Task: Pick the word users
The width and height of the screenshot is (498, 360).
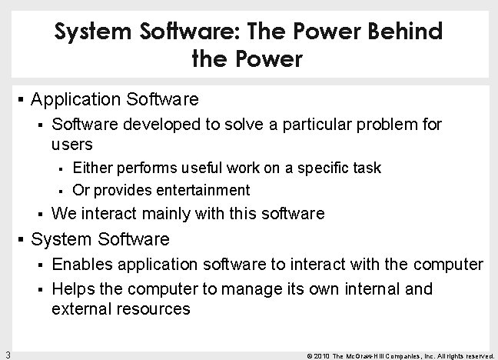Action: pyautogui.click(x=72, y=144)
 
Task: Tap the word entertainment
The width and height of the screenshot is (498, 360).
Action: pyautogui.click(x=203, y=189)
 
